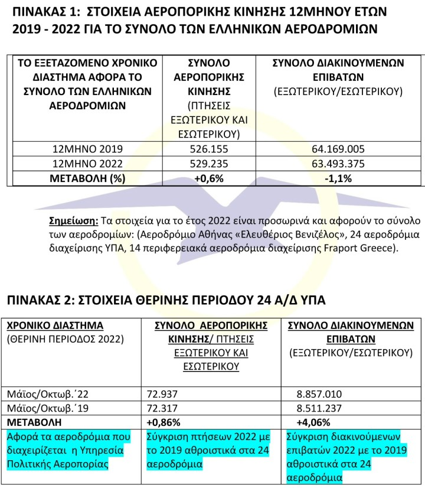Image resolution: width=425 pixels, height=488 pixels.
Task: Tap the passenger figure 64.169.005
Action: click(338, 149)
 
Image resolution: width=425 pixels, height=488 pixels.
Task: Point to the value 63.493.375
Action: click(338, 164)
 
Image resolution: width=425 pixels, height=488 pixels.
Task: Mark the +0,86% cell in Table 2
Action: click(164, 422)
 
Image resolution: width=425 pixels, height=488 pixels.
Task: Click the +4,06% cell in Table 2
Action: click(314, 422)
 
